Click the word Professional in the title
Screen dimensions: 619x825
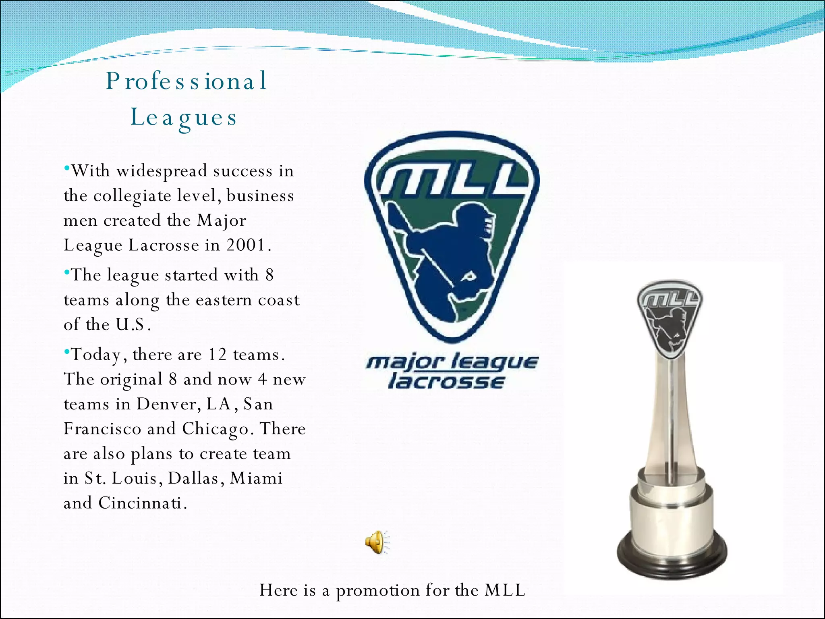pos(187,81)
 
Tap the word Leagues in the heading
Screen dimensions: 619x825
pos(184,118)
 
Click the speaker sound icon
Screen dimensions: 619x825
pos(377,542)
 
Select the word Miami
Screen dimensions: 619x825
pos(256,478)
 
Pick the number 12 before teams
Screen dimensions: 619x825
pos(217,355)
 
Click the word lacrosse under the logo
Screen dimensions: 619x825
pos(446,381)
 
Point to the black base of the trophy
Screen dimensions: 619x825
pos(672,558)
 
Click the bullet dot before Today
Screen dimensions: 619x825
pos(67,352)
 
